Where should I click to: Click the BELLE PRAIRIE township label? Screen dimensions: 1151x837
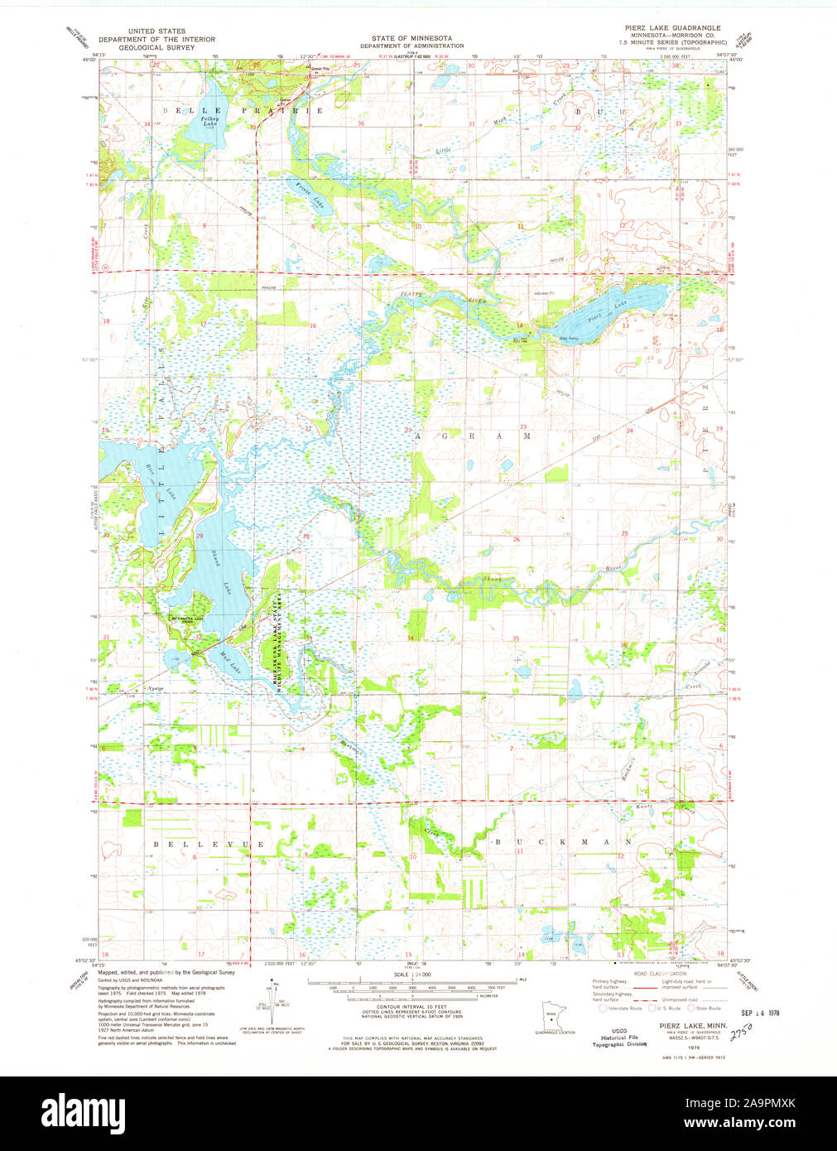243,110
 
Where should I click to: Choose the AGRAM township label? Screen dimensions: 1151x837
474,435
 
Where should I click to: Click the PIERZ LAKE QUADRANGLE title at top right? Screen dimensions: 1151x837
672,28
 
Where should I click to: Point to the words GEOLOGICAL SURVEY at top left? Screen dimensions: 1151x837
156,47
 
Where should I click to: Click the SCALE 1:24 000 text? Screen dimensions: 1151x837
411,974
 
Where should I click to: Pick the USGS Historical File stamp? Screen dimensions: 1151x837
613,1038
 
